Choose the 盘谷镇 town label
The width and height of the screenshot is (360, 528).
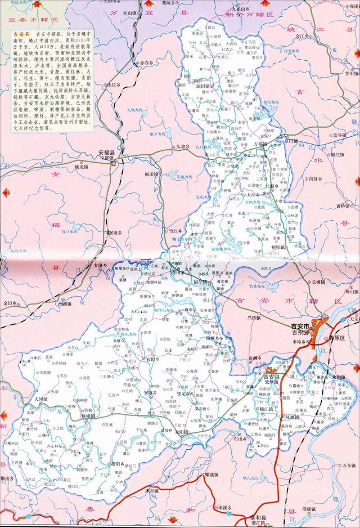340,135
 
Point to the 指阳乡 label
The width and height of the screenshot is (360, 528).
118,463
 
